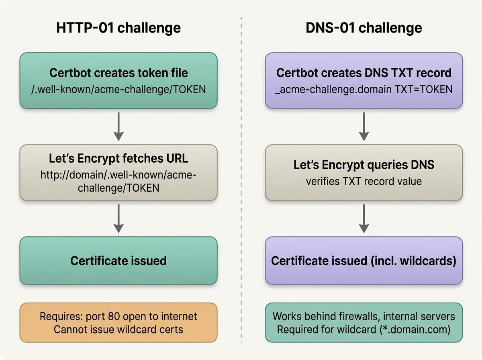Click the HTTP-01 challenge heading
[118, 28]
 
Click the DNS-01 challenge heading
[364, 28]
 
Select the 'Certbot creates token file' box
[118, 80]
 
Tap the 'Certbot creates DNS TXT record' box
[364, 80]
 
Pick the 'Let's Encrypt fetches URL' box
[118, 172]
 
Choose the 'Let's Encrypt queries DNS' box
[364, 172]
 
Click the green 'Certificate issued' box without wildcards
[118, 260]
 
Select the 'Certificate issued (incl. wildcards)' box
[364, 260]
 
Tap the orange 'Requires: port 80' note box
[118, 323]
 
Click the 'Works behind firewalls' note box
[364, 323]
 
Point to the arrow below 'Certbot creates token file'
[118, 127]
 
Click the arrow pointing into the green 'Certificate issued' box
[118, 219]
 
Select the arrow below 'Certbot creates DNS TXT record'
[364, 127]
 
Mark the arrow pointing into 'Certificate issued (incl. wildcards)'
[364, 219]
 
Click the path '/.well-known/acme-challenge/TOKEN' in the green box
[118, 89]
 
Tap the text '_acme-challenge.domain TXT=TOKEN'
[364, 90]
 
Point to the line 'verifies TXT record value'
[364, 182]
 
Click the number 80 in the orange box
[114, 316]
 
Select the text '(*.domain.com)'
[415, 329]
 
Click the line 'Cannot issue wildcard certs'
[118, 329]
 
